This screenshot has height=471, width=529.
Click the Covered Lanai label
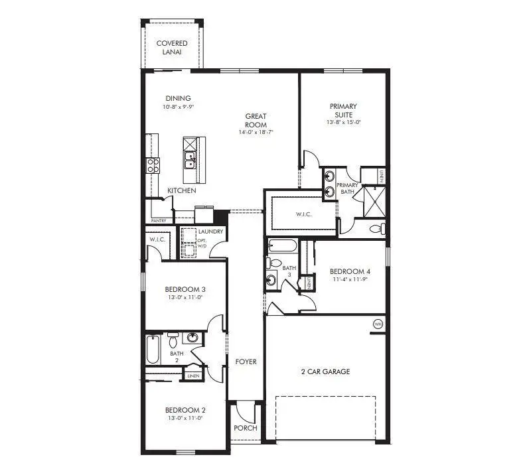(171, 48)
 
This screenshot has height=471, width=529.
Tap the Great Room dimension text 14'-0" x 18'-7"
(256, 133)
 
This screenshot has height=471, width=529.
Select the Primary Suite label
(343, 110)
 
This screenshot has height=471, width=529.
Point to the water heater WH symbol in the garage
(378, 324)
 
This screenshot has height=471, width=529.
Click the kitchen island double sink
(190, 161)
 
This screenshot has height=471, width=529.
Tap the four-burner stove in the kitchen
(153, 165)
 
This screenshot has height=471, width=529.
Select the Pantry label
(158, 220)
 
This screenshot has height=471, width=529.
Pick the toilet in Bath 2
(173, 341)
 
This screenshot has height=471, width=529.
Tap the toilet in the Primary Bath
(376, 229)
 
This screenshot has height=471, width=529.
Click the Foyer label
(246, 362)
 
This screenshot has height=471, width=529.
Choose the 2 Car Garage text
(325, 371)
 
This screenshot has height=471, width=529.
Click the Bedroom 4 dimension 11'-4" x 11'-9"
(350, 279)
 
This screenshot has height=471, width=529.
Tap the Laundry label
(210, 232)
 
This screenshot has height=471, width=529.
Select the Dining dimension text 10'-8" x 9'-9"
(177, 106)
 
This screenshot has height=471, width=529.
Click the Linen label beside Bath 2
(193, 375)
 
